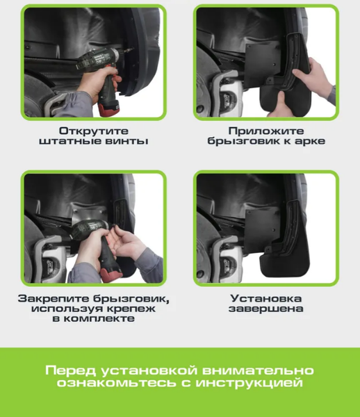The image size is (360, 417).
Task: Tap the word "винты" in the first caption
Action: click(x=129, y=142)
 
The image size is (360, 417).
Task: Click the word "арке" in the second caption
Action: click(x=309, y=142)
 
